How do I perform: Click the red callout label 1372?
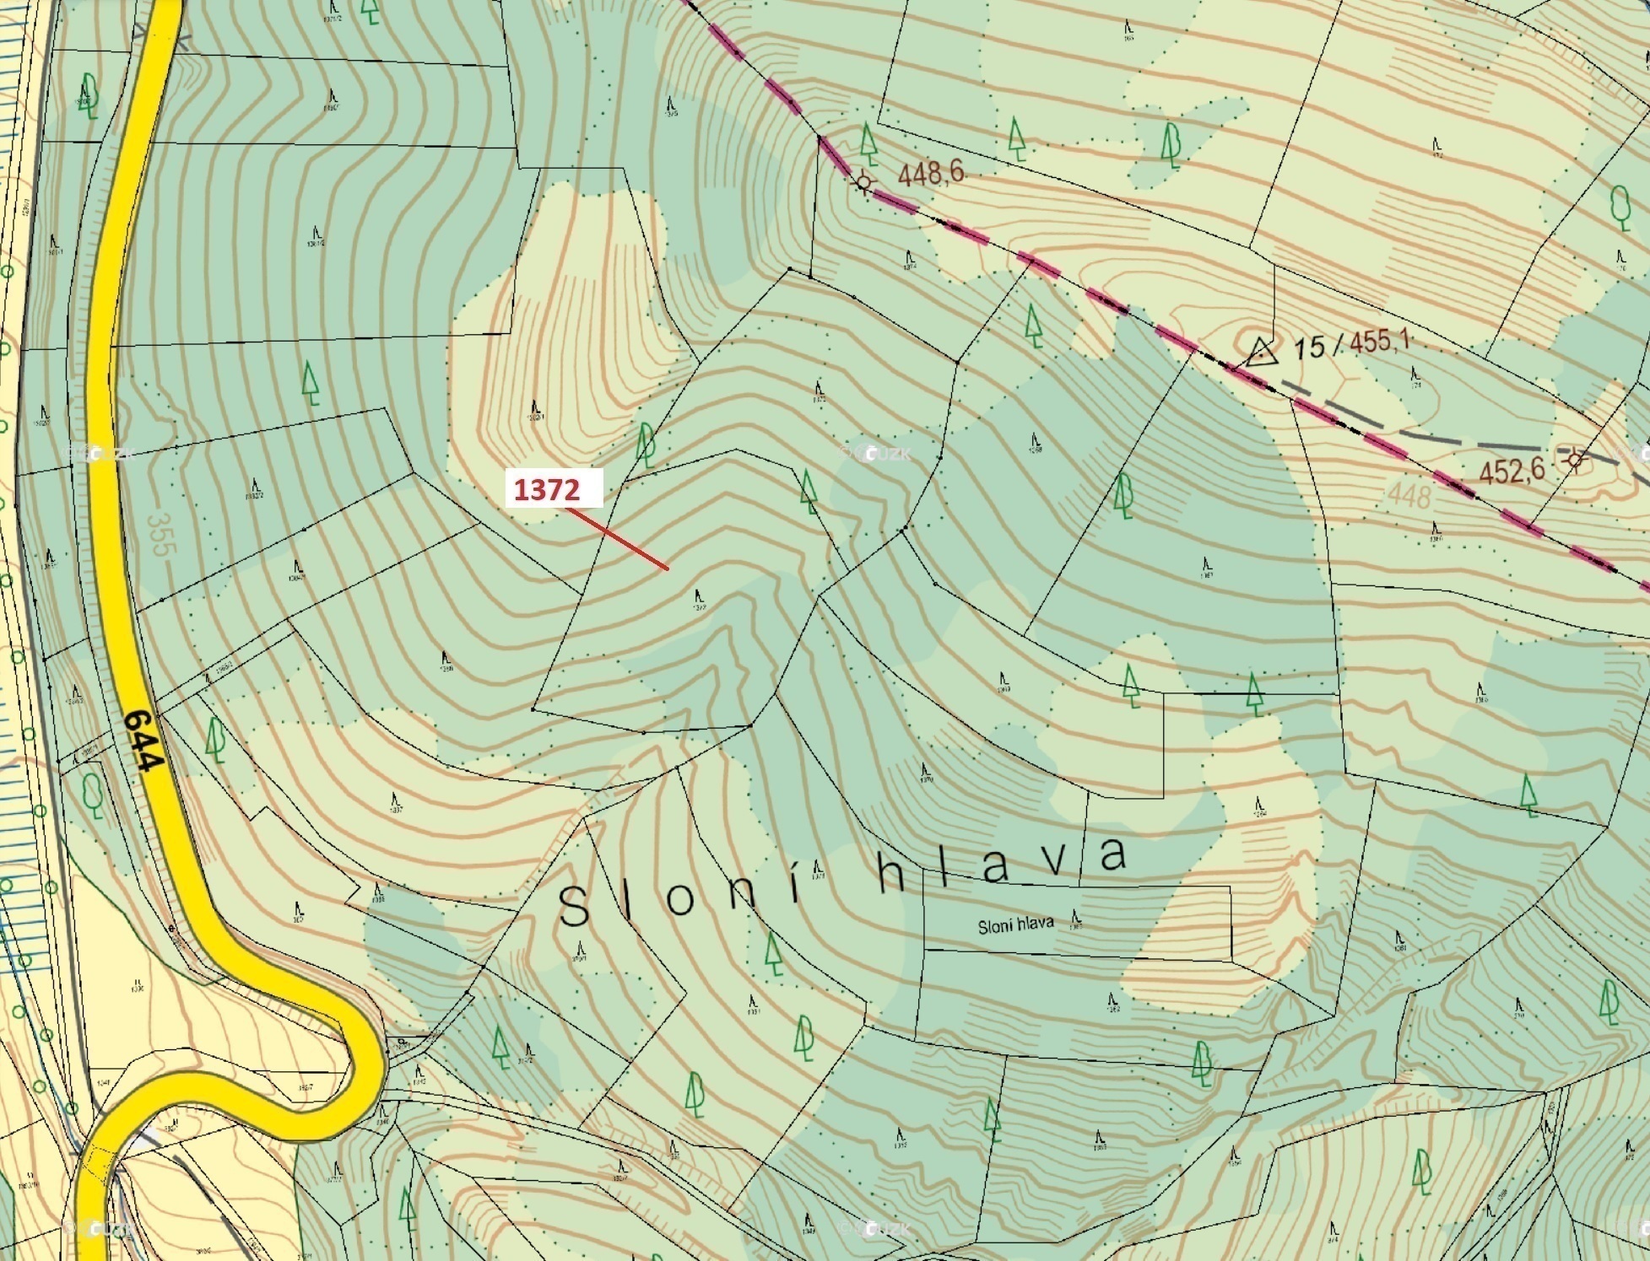click(555, 488)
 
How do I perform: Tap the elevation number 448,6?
click(931, 175)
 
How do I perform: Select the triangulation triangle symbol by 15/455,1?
click(1261, 351)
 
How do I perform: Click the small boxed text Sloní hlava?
click(1015, 924)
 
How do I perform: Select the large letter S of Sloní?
click(575, 909)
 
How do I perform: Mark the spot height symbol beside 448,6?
click(863, 181)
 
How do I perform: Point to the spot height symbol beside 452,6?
click(1575, 460)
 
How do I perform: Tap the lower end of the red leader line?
click(668, 569)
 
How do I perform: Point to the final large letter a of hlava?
click(1112, 855)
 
